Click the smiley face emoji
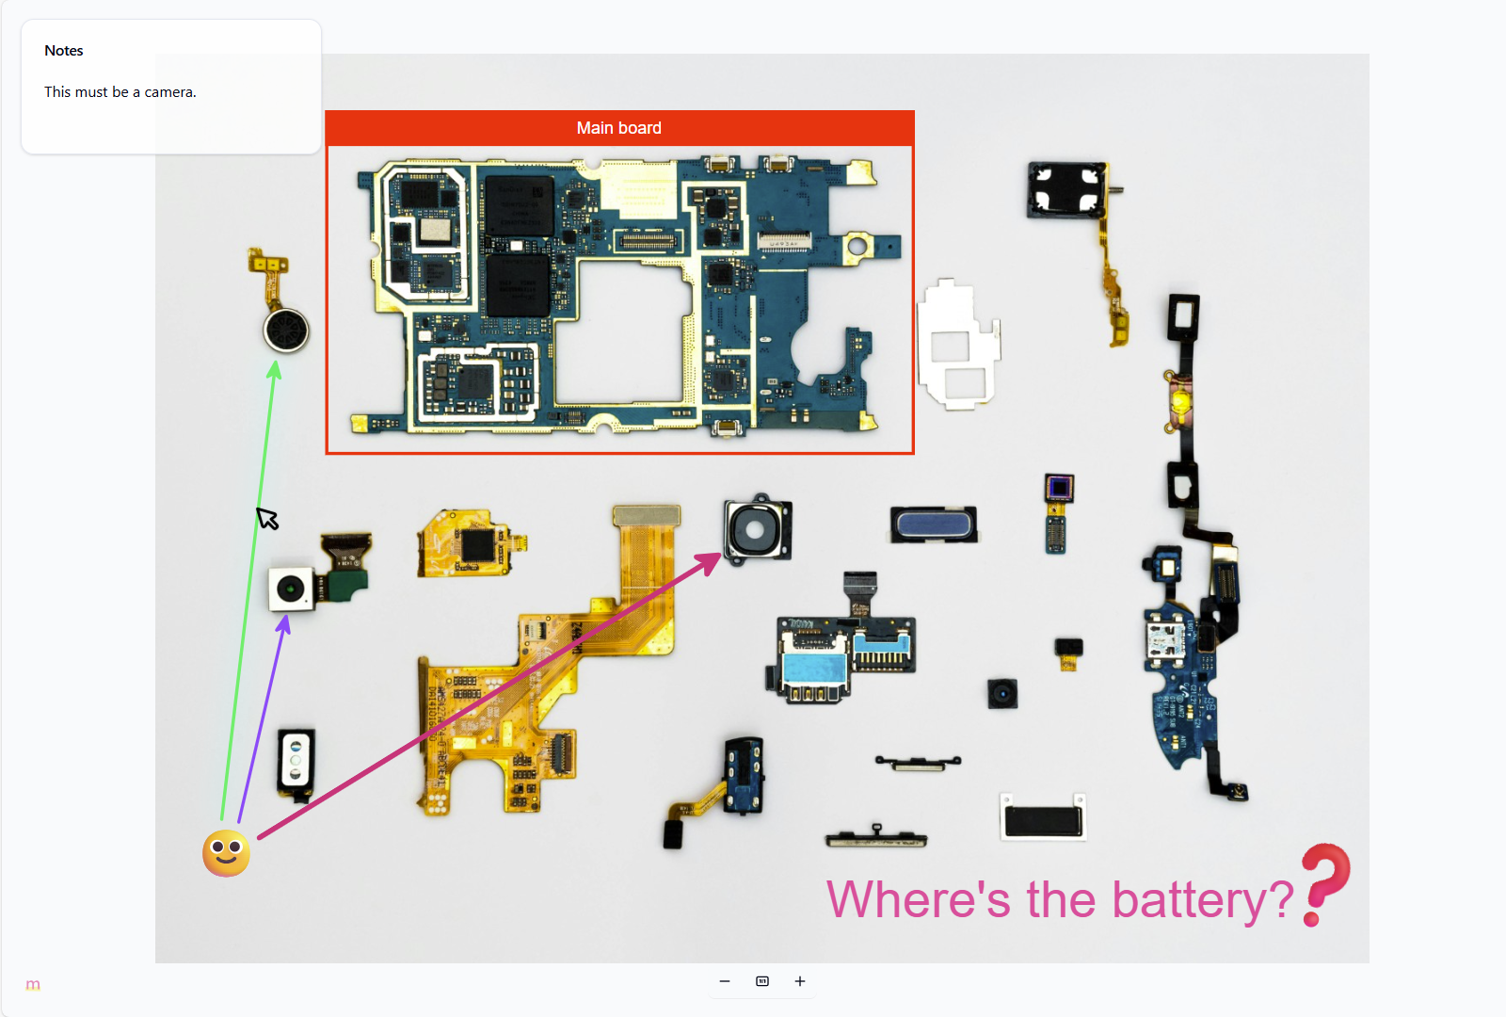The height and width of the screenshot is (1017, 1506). (226, 853)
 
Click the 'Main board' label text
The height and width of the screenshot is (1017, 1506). (618, 128)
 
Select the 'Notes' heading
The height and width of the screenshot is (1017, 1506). (64, 51)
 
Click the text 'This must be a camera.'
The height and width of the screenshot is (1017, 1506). (120, 92)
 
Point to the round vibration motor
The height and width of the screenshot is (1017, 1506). (286, 331)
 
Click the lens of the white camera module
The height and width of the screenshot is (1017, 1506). (292, 589)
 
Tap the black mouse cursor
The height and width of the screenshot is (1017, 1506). (266, 518)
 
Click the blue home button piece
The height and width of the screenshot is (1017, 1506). (934, 525)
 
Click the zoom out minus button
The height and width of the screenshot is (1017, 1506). (725, 981)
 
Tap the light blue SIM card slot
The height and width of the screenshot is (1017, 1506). (815, 667)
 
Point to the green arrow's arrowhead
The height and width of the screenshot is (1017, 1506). (274, 370)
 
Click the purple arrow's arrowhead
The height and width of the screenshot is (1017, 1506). (283, 623)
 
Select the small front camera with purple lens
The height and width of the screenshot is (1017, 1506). (1059, 488)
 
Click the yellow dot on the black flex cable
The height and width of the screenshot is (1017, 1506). (1179, 403)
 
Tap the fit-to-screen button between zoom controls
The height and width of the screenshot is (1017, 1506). (762, 981)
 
